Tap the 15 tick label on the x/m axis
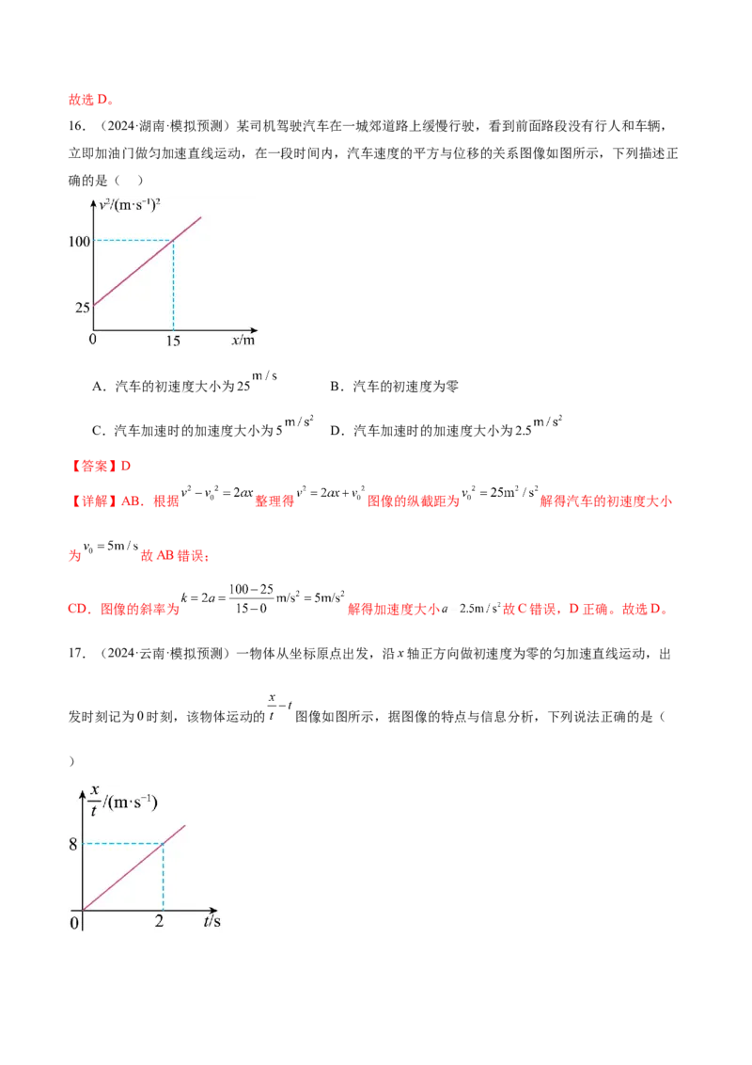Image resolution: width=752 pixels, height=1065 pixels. point(173,342)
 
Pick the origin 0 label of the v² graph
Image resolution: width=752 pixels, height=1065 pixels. point(92,340)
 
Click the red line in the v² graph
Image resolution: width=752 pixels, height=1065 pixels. point(141,268)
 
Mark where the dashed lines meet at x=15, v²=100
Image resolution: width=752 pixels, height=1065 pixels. point(174,241)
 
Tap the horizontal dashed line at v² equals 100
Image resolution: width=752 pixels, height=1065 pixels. point(132,241)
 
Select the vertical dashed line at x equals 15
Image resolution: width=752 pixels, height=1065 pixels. point(174,287)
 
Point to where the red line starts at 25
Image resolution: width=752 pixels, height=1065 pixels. point(94,306)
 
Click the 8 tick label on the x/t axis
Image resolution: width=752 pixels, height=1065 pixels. point(73,844)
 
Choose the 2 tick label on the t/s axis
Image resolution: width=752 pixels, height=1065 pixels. point(159,921)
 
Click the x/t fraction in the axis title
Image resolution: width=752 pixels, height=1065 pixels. point(94,801)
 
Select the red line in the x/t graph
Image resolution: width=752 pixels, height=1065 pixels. point(132,868)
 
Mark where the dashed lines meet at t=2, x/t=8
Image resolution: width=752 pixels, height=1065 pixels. point(164,843)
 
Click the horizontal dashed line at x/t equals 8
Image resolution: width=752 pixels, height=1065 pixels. point(122,843)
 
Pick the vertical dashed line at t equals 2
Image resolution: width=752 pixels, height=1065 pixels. point(164,877)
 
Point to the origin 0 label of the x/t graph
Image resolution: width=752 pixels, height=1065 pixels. point(75,922)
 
